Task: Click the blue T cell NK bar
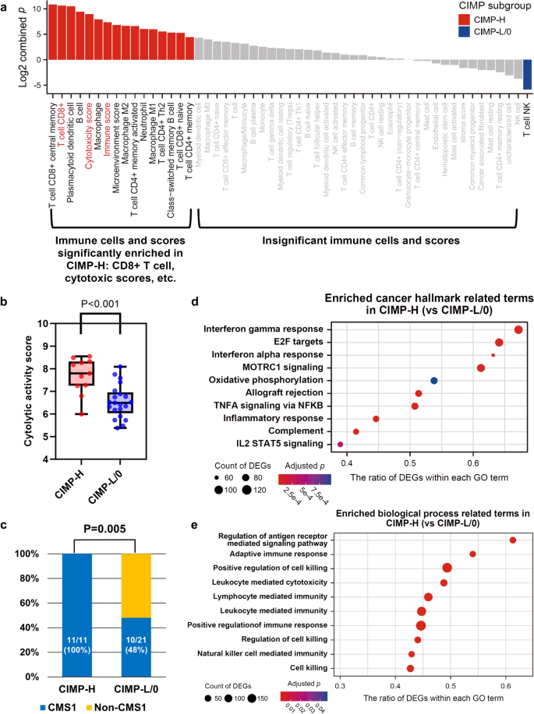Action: (527, 75)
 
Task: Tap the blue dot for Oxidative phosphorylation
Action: (434, 380)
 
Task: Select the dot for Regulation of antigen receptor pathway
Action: (512, 540)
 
